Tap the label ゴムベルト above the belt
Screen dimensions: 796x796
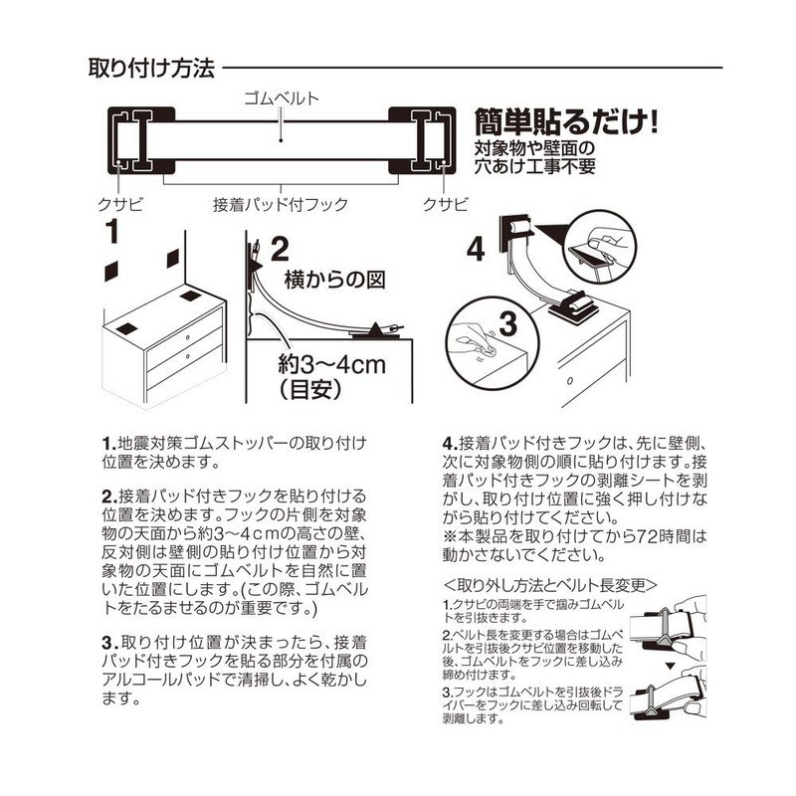(x=282, y=99)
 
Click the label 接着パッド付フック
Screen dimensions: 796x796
(x=281, y=204)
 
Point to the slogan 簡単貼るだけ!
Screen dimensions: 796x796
(x=569, y=123)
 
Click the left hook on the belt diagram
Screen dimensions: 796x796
(x=133, y=140)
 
